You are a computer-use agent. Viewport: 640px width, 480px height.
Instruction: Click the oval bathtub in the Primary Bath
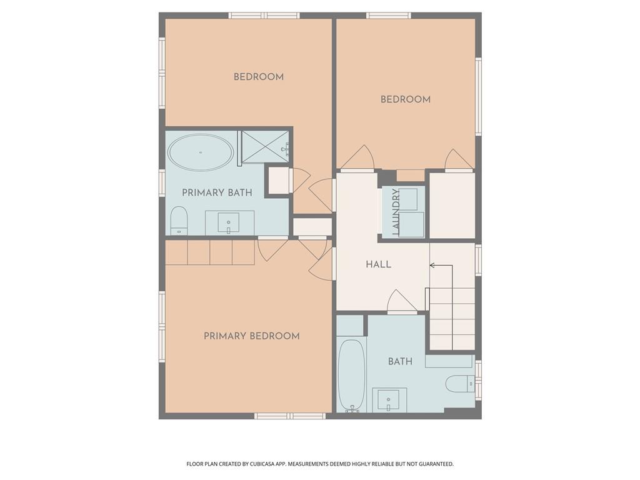(201, 152)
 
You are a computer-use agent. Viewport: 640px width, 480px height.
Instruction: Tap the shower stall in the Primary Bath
(265, 147)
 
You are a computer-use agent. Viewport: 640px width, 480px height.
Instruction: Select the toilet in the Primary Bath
(179, 221)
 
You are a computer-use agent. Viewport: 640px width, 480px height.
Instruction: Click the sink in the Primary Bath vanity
(229, 223)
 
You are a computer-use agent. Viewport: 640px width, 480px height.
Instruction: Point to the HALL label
(378, 264)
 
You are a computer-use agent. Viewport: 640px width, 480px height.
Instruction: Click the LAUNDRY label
(396, 212)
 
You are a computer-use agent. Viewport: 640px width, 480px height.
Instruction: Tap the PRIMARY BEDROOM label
(252, 336)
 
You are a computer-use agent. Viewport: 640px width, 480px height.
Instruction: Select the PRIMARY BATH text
(217, 192)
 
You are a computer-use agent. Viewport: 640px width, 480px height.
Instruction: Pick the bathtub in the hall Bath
(351, 374)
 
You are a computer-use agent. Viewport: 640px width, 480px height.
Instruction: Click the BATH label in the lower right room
(400, 362)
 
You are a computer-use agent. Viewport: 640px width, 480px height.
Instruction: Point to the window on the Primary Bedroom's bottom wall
(290, 416)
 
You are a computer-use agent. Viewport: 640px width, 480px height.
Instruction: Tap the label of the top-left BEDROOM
(259, 77)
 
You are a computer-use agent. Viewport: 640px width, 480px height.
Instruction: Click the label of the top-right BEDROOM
(405, 99)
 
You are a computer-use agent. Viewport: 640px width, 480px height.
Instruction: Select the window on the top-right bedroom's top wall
(389, 16)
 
